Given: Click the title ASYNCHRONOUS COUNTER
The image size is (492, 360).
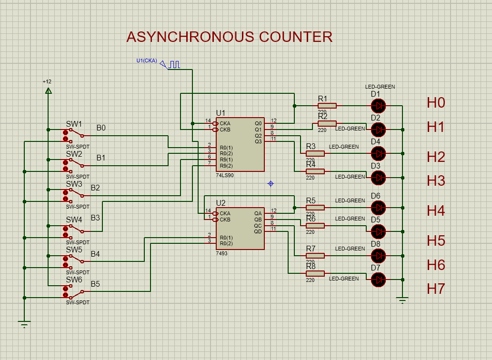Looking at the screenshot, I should pos(229,37).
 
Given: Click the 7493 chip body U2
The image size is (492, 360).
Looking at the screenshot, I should pos(240,229).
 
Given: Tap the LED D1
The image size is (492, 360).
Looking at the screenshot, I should pos(378,105).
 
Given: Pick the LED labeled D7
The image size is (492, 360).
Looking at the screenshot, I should pos(378,280).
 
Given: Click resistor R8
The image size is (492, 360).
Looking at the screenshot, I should pos(315,273).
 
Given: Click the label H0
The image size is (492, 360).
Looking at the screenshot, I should pos(436,102).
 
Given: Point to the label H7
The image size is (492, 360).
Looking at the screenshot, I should pos(436,289).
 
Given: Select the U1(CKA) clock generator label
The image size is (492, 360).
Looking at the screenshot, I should pos(146,60).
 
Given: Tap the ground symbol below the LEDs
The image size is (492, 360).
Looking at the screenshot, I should pos(402,300).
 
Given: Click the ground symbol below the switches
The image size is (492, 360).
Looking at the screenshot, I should pos(24,325).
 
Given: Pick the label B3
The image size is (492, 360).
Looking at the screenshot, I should pos(96,218).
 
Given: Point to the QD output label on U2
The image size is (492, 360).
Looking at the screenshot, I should pos(258,231).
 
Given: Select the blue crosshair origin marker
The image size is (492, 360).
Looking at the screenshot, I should pos(271,183).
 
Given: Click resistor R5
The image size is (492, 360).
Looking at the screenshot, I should pos(315,207).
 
